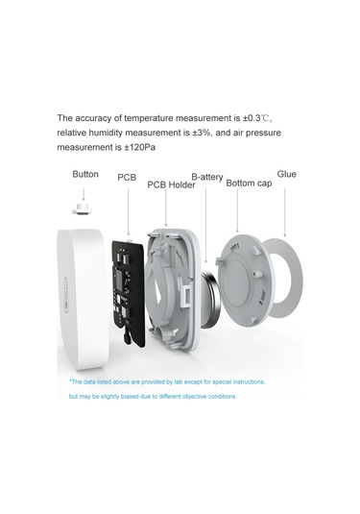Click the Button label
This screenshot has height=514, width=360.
pyautogui.click(x=85, y=174)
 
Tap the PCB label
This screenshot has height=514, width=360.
pyautogui.click(x=127, y=178)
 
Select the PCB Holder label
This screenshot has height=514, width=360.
pyautogui.click(x=171, y=184)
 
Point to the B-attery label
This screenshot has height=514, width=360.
pyautogui.click(x=207, y=177)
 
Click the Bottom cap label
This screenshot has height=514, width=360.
pyautogui.click(x=249, y=184)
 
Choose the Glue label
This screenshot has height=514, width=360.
pyautogui.click(x=287, y=174)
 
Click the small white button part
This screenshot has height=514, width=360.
pyautogui.click(x=82, y=208)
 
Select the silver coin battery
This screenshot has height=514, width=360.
pyautogui.click(x=210, y=299)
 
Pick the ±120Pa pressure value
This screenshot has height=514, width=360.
pyautogui.click(x=139, y=148)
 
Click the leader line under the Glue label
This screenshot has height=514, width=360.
pyautogui.click(x=285, y=212)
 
